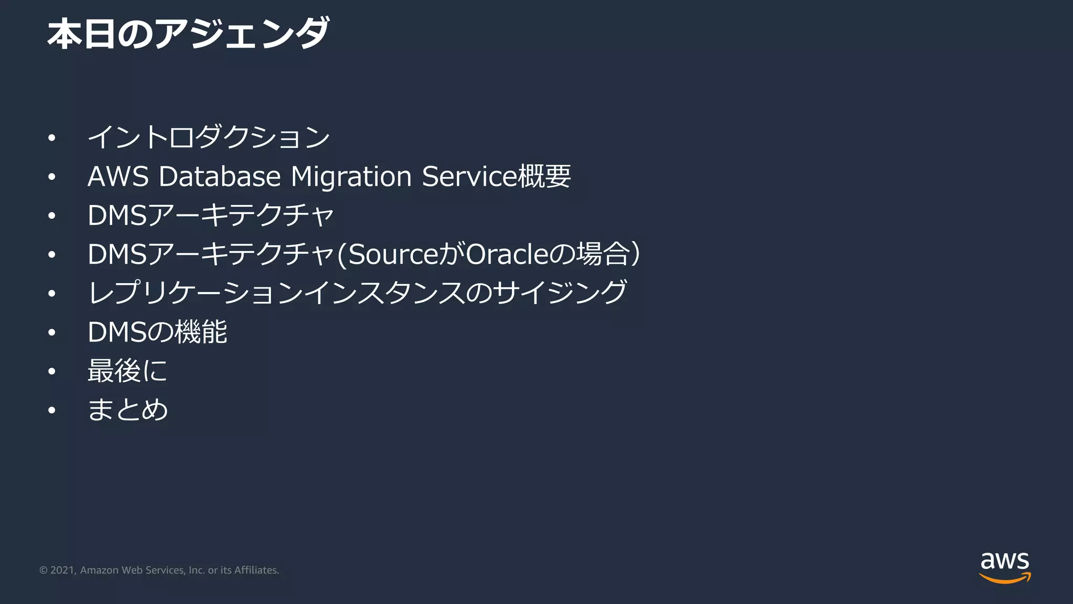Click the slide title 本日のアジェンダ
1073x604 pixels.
(188, 35)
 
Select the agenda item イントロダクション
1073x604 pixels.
(209, 137)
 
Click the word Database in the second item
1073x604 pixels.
(220, 176)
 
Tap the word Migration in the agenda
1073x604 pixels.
(351, 176)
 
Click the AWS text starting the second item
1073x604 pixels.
(118, 176)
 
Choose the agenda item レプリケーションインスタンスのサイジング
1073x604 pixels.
(357, 293)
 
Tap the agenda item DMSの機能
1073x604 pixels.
(157, 332)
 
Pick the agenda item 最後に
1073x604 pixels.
(127, 371)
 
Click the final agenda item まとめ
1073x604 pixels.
(127, 409)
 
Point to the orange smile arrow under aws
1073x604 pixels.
(1005, 578)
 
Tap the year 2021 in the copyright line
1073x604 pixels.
(62, 570)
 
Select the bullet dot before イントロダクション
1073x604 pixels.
(51, 138)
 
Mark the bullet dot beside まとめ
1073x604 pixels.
(51, 410)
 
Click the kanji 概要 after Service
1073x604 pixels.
(544, 176)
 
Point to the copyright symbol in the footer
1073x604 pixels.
(43, 570)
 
